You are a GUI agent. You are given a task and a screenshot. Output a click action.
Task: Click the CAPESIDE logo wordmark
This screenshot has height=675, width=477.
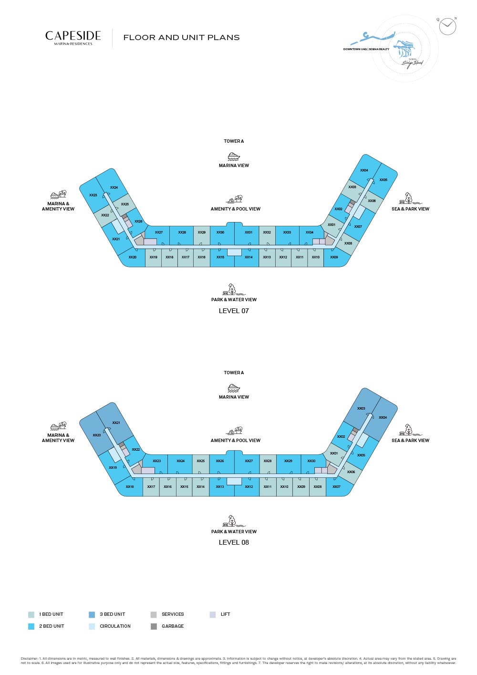point(73,36)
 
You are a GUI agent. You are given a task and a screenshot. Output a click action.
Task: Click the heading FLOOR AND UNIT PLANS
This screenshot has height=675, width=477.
point(181,38)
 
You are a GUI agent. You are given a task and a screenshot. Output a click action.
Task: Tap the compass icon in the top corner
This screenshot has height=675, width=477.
point(447,26)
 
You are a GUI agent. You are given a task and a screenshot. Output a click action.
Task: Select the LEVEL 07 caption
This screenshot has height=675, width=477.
point(234,311)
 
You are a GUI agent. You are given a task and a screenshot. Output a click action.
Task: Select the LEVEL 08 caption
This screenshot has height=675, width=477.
point(234,542)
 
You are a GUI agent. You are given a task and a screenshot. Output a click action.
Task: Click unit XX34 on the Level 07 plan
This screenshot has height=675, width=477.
point(310,232)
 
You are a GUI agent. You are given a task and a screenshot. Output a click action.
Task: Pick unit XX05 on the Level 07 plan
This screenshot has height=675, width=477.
point(384,180)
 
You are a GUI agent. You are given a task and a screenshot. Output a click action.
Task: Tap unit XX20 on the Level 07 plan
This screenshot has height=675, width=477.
point(132,257)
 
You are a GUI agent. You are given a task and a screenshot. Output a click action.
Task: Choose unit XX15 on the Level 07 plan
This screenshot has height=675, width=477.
point(220,257)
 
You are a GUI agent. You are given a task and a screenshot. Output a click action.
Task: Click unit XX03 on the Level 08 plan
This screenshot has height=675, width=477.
point(361,409)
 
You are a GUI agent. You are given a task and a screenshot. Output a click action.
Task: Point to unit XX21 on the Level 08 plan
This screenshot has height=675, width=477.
point(116,423)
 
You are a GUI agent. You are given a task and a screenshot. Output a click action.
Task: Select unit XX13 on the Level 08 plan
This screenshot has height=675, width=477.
point(219,487)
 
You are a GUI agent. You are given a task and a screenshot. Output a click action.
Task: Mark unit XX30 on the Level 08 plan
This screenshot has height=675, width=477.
point(311,461)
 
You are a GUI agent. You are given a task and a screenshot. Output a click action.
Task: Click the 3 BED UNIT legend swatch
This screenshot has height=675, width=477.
point(92,615)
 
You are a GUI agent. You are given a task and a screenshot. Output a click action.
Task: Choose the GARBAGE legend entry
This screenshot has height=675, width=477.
point(172,626)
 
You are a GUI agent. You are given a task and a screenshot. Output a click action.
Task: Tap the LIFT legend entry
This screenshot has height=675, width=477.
point(225,614)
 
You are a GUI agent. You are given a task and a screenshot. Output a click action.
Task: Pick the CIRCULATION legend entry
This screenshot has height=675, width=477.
point(115,626)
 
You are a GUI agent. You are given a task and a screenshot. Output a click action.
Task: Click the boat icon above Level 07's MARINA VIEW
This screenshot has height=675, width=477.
point(234,157)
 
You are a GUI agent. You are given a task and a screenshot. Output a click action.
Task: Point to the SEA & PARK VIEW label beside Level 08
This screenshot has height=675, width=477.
point(410,441)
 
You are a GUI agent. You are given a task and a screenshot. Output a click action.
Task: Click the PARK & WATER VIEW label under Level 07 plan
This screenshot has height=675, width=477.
point(234,300)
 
